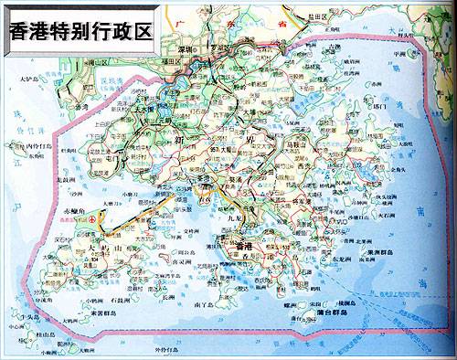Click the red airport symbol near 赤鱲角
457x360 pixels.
click(x=101, y=219)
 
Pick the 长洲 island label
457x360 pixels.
click(x=165, y=295)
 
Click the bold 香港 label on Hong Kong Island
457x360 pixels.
click(x=242, y=247)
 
